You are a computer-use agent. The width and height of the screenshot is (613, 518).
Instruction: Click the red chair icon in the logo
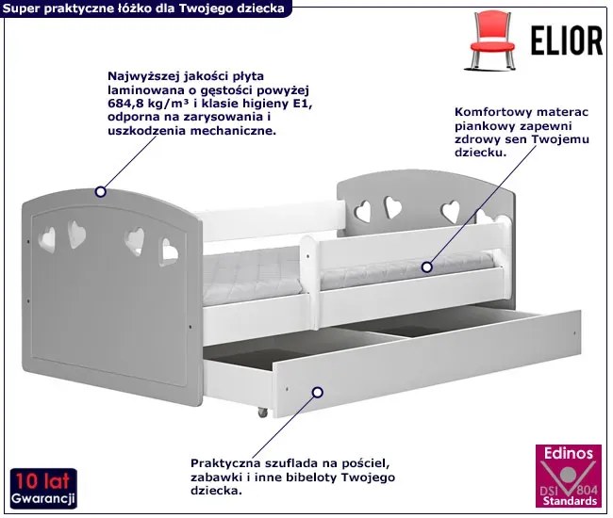coord(492,40)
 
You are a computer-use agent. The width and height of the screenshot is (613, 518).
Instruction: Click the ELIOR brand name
coord(567,40)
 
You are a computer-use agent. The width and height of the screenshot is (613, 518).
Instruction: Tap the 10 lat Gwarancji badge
coord(43,489)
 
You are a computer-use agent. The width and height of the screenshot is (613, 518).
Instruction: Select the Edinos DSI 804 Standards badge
coord(569,477)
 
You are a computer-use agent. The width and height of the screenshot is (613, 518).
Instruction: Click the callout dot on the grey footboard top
coord(101,192)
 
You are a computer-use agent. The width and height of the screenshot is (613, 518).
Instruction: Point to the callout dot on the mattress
coord(427,267)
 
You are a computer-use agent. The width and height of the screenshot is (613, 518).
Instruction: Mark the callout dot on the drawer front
coord(318,393)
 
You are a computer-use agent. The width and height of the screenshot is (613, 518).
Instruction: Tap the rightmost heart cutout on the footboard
coord(169,252)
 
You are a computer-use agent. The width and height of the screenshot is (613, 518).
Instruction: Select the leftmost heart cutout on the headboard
coord(363,212)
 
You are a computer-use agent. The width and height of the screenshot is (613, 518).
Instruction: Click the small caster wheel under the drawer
coord(262,413)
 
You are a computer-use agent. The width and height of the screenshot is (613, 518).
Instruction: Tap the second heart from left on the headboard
coord(393,207)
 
